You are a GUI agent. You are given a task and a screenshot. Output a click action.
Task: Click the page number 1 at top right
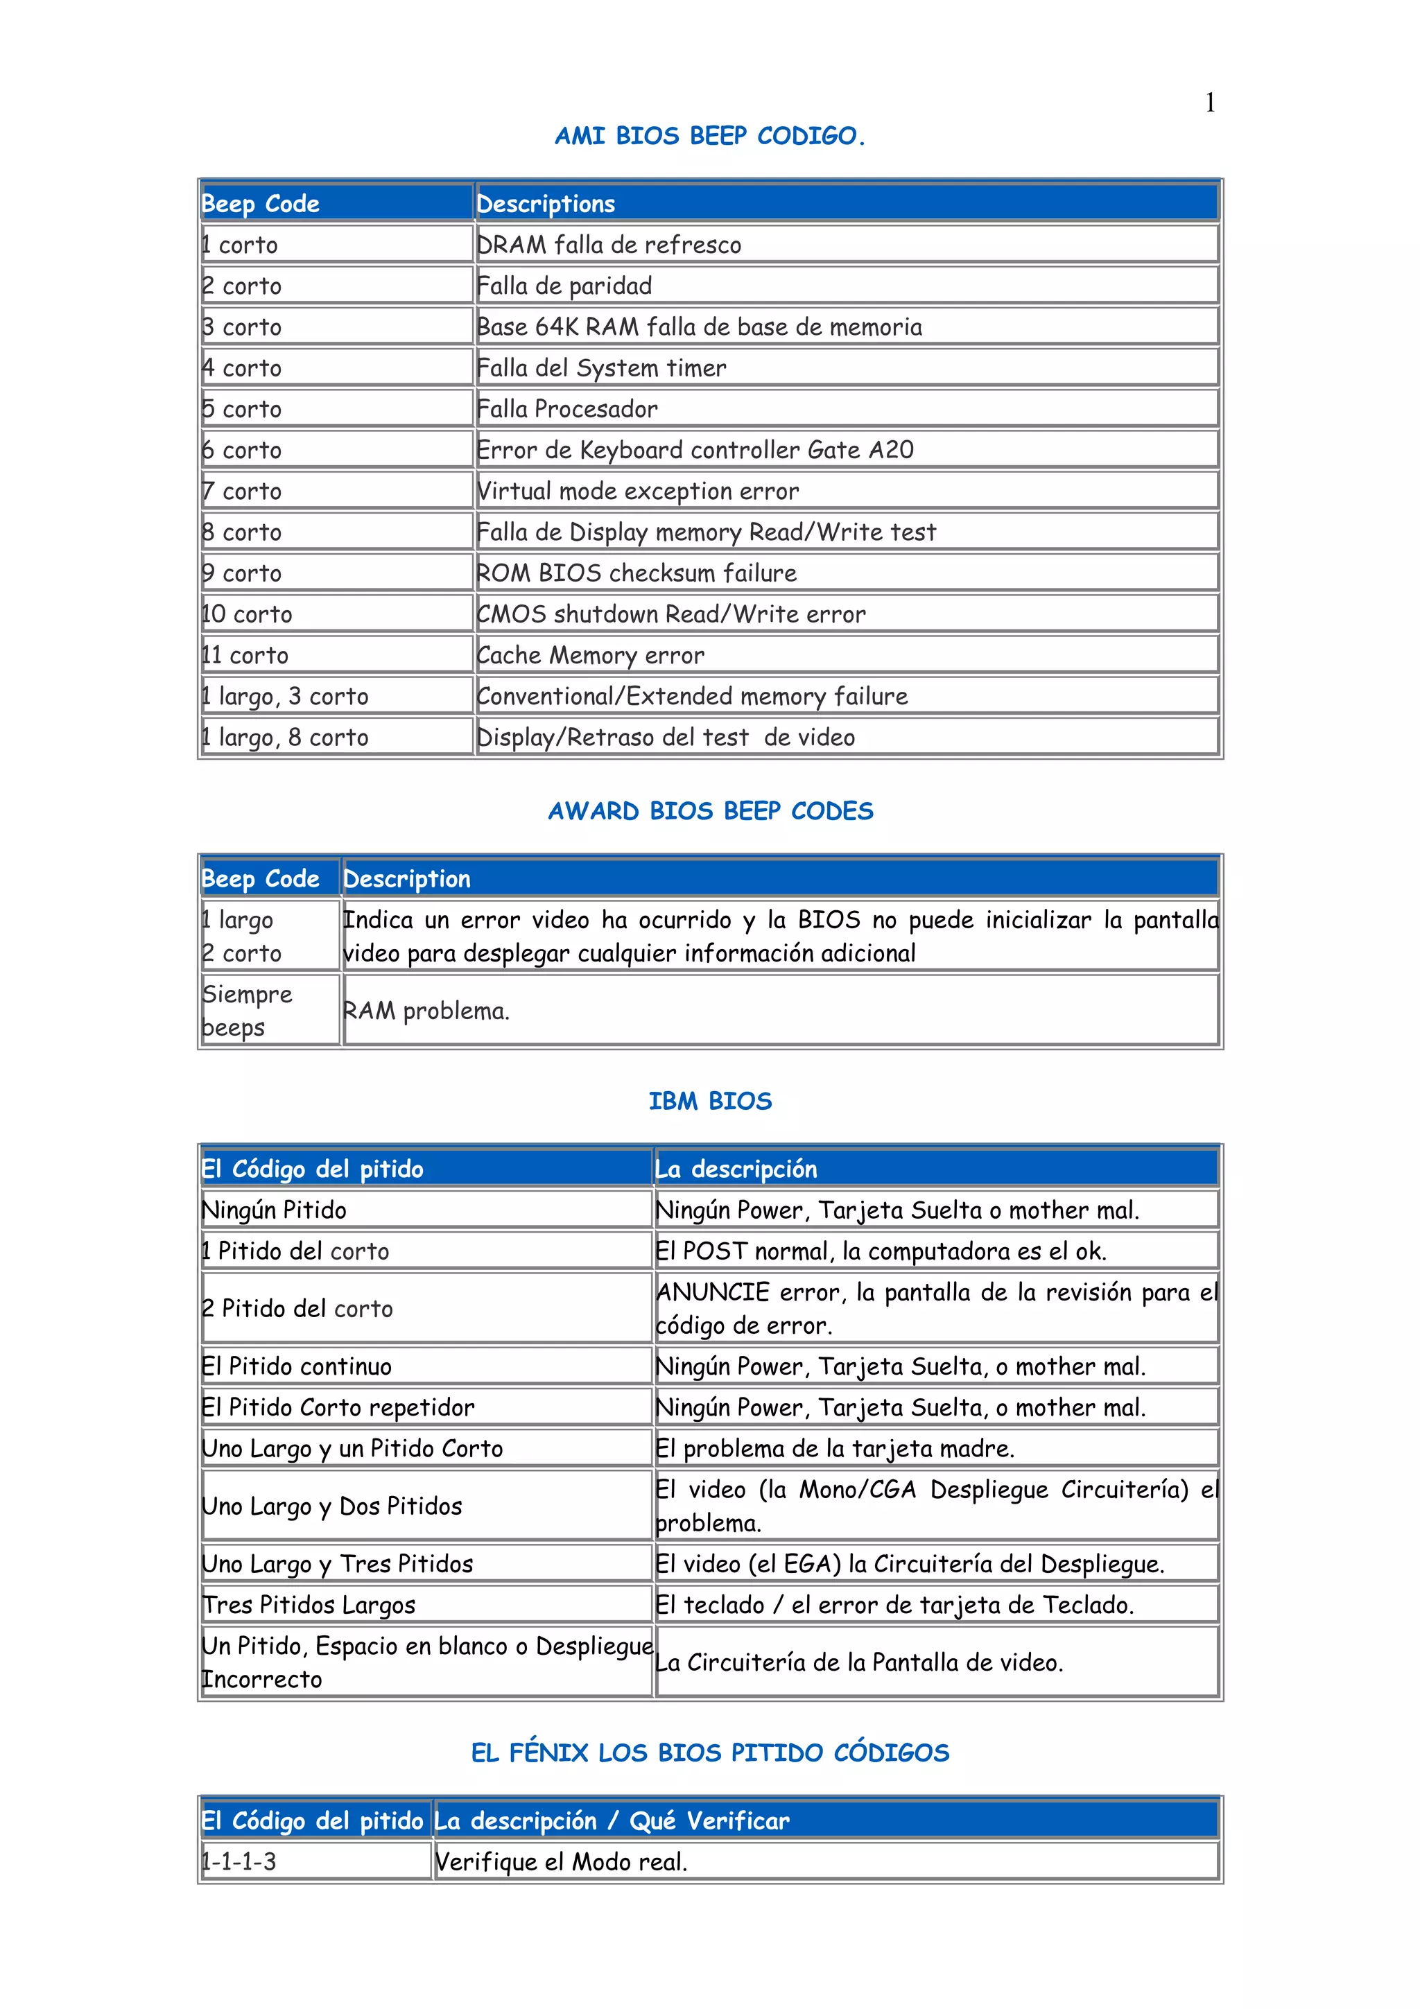click(1209, 103)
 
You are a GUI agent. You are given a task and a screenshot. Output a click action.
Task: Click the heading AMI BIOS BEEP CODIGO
click(709, 137)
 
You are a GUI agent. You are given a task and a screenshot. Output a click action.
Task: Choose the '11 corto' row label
click(246, 655)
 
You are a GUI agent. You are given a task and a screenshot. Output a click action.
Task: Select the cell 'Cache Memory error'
click(591, 655)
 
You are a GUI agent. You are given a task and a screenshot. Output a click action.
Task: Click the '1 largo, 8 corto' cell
click(285, 738)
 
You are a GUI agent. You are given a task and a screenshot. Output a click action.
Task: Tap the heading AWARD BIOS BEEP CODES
click(711, 811)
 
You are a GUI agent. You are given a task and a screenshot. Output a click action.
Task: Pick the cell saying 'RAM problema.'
click(426, 1011)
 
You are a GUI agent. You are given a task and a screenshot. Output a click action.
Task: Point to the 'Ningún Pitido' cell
click(275, 1210)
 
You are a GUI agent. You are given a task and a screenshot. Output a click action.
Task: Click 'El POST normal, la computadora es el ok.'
click(881, 1251)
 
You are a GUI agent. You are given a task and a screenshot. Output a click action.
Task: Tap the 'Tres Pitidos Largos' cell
click(309, 1605)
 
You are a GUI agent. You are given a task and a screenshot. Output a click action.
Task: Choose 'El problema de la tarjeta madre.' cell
click(835, 1449)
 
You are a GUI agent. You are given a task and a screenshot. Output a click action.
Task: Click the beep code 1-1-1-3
click(239, 1862)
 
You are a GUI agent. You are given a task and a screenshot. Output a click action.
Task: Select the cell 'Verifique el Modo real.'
click(561, 1862)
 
